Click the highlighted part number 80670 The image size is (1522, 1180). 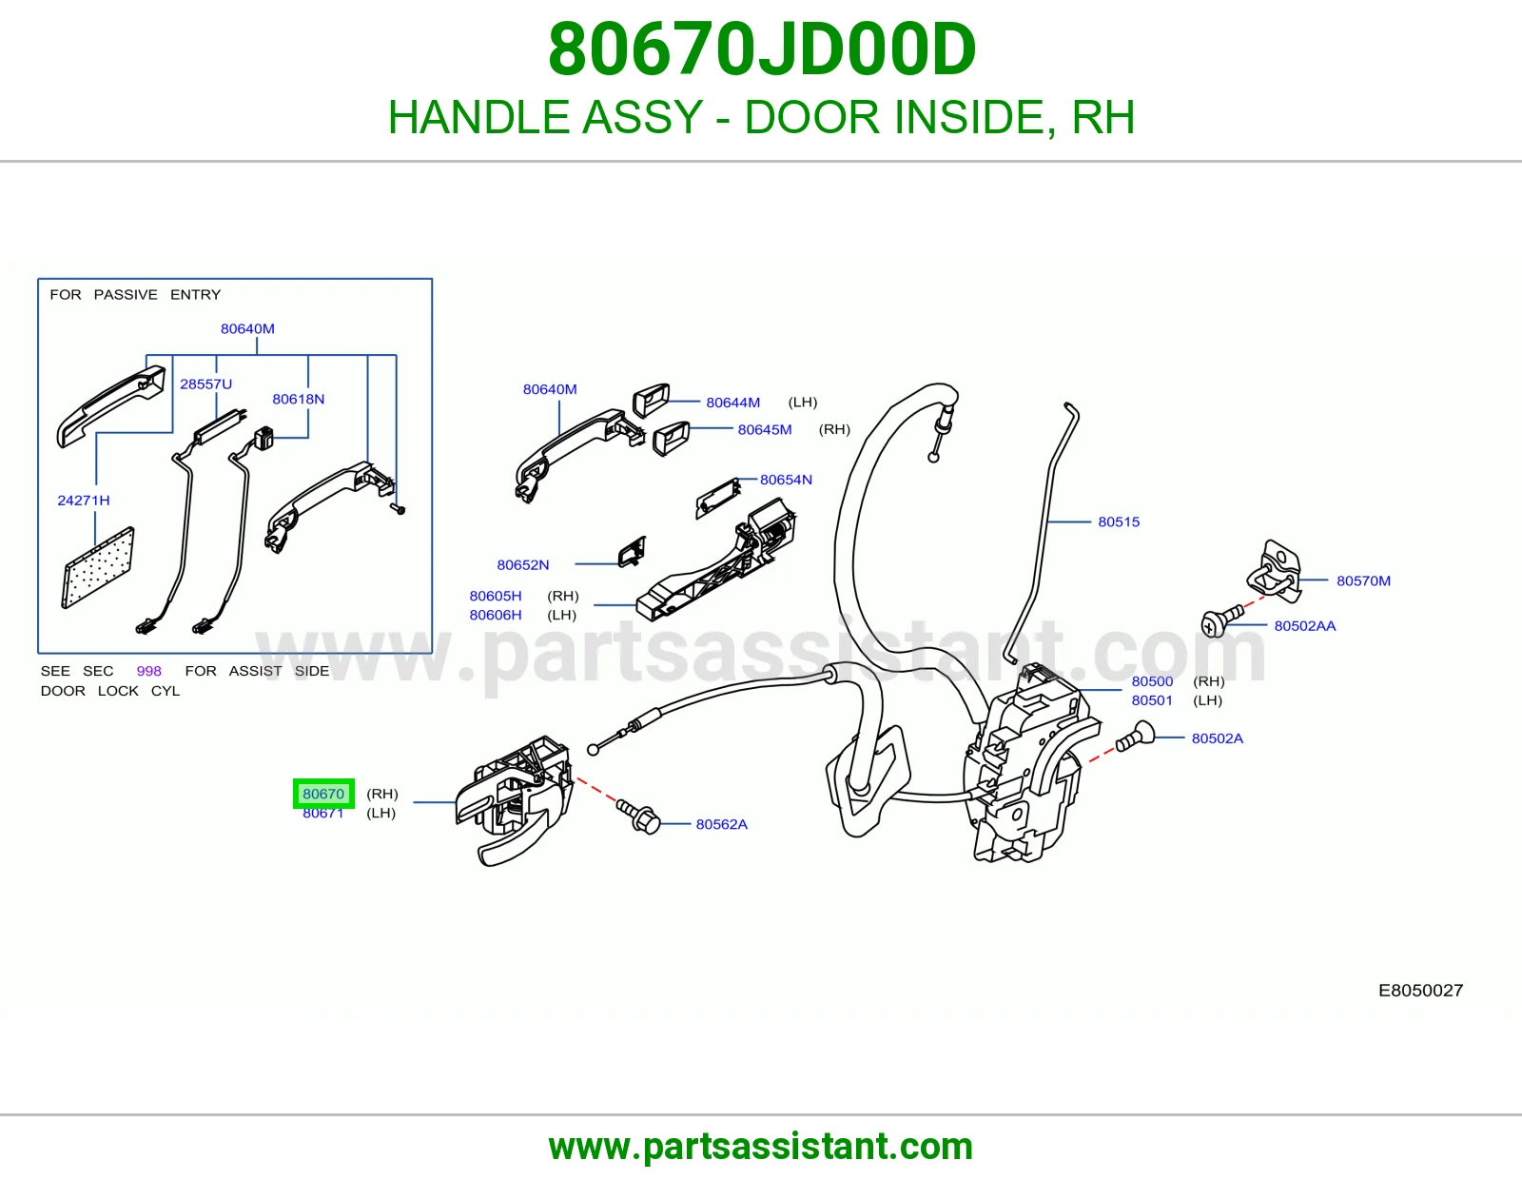[323, 794]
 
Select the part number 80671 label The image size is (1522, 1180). [322, 813]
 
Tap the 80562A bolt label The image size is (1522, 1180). [721, 824]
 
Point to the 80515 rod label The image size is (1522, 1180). [1119, 521]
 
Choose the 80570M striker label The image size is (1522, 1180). [1363, 580]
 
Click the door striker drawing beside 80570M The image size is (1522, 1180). [1275, 570]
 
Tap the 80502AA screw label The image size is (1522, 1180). [1305, 626]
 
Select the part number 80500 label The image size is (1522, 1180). [1152, 681]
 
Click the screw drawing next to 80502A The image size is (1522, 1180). [1135, 737]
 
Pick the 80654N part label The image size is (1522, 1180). [786, 480]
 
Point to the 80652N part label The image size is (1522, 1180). [522, 564]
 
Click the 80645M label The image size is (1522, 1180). [765, 429]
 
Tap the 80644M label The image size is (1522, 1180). [732, 403]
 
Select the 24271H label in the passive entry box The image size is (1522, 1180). [84, 501]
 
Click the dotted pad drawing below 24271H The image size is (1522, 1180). [98, 567]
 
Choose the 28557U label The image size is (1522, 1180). [205, 384]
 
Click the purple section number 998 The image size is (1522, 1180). [148, 671]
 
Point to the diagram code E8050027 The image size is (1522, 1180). [1420, 990]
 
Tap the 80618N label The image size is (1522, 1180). [299, 399]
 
